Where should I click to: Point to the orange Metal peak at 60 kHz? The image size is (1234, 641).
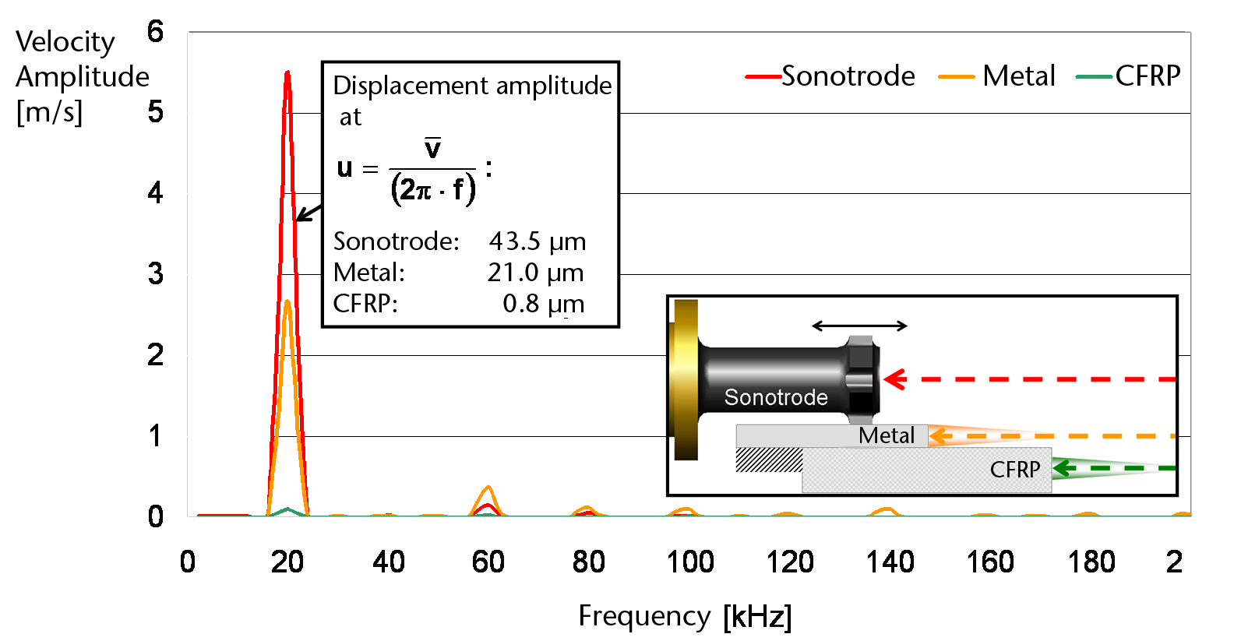coord(488,488)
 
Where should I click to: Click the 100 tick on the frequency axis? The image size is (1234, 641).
coord(689,562)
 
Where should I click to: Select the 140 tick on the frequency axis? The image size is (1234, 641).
coord(890,562)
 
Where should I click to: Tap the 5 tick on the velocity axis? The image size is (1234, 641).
coord(156,112)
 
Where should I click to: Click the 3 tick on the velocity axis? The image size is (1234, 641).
coord(156,274)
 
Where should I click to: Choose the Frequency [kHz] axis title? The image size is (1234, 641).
coord(685,616)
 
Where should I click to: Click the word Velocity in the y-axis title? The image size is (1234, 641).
coord(65,41)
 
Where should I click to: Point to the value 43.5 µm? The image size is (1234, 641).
coord(538,241)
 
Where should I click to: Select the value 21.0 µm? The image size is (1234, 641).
coord(536,273)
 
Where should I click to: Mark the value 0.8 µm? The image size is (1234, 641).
coord(543,304)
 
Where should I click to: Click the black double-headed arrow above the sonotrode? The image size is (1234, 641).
coord(859,326)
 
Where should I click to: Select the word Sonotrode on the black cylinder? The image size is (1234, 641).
coord(776,397)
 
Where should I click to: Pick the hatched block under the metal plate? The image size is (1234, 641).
coord(769,460)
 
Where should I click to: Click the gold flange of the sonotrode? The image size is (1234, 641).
coord(685,379)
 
